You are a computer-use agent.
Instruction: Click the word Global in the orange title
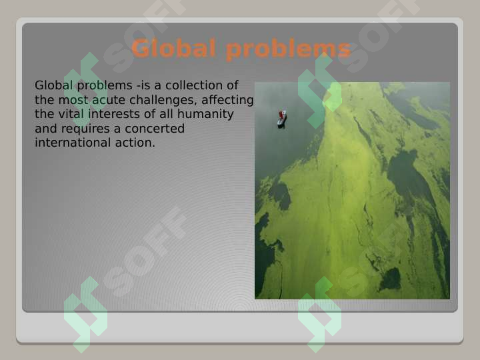pos(173,48)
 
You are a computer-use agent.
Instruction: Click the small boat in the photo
pos(282,119)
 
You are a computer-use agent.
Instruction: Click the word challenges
pos(163,100)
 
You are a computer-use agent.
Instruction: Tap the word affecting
pos(227,100)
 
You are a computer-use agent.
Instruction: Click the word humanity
pos(205,115)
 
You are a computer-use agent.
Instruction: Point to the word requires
pos(85,129)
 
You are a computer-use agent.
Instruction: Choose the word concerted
pos(155,129)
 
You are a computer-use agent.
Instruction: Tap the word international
pos(73,143)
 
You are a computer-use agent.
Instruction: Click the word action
pos(135,143)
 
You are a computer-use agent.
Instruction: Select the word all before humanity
pos(167,114)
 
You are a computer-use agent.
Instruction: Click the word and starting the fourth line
pos(46,129)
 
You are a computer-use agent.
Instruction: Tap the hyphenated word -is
pos(143,85)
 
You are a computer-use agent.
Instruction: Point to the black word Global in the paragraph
pos(53,85)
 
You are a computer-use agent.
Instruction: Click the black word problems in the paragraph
pos(105,86)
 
